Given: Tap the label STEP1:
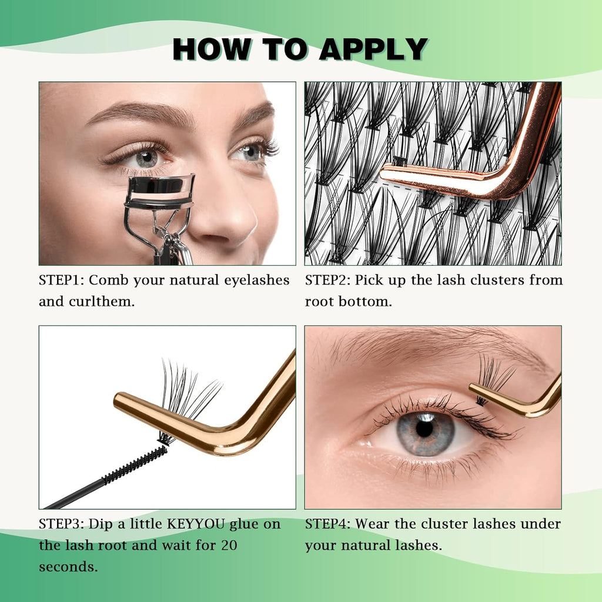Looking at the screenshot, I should [x=62, y=280].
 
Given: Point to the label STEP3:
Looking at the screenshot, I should [x=62, y=524].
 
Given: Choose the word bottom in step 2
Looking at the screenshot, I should [x=369, y=302].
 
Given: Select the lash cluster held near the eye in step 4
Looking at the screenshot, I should [x=493, y=377].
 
